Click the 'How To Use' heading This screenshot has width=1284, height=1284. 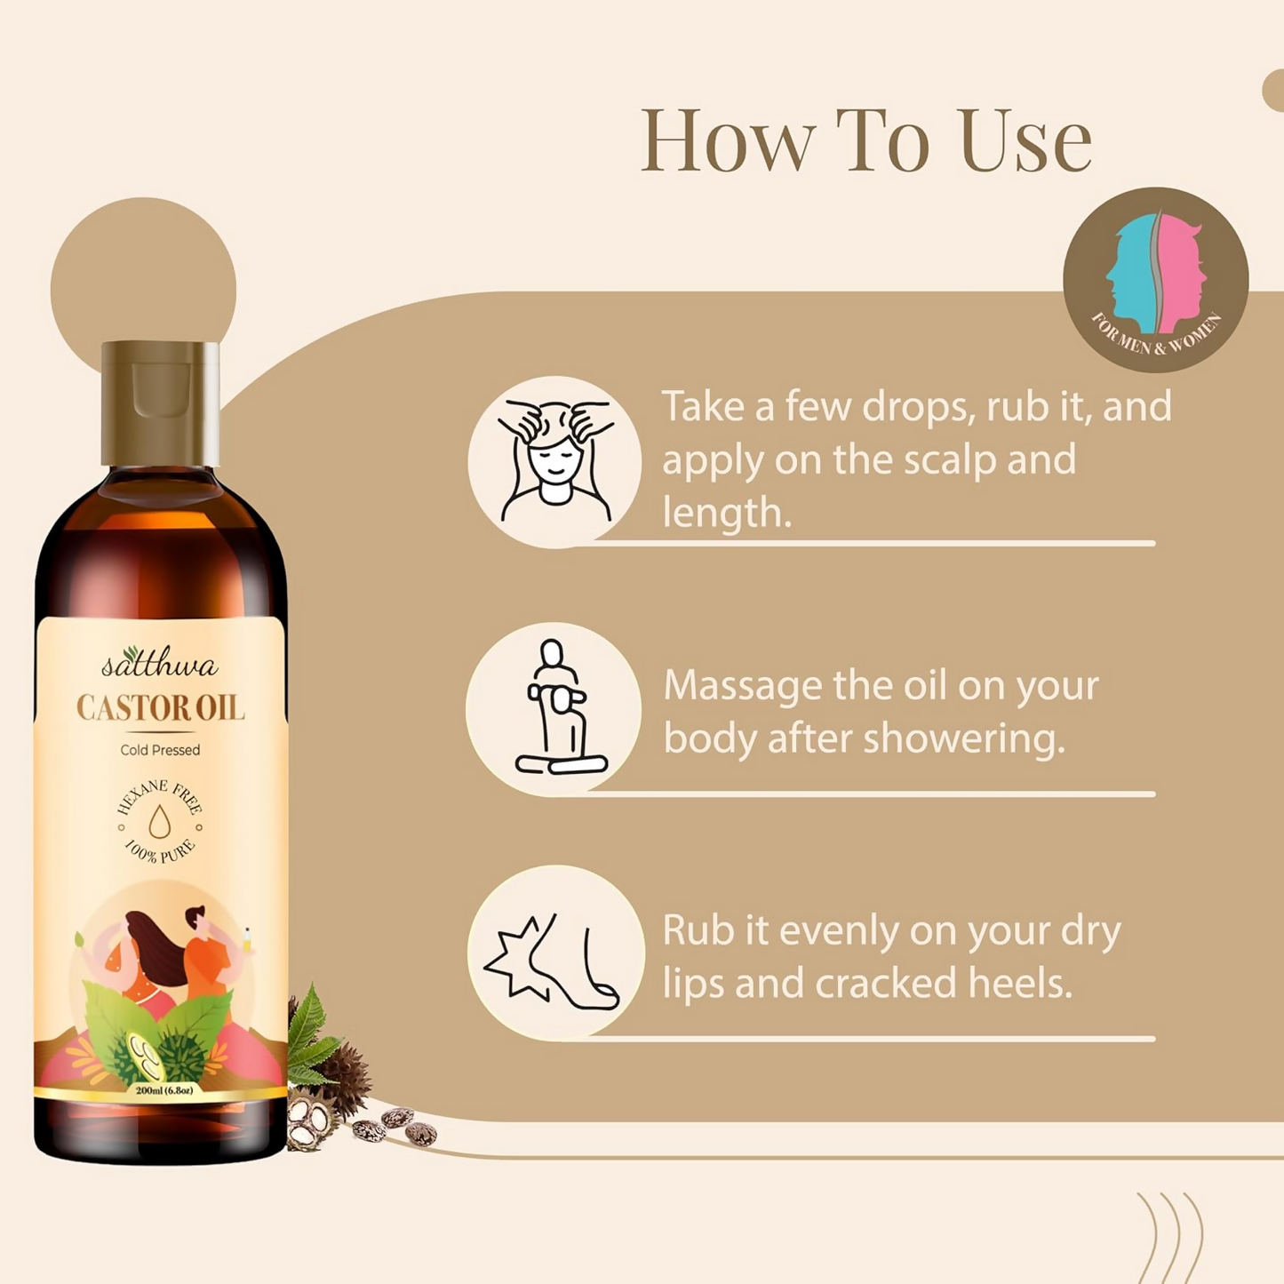pos(865,140)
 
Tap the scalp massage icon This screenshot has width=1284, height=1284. pos(554,462)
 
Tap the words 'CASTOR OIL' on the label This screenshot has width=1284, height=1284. pos(160,708)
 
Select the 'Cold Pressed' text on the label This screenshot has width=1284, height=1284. pos(160,750)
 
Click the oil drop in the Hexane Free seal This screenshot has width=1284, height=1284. pos(160,822)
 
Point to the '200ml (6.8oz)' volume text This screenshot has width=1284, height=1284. pos(163,1090)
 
